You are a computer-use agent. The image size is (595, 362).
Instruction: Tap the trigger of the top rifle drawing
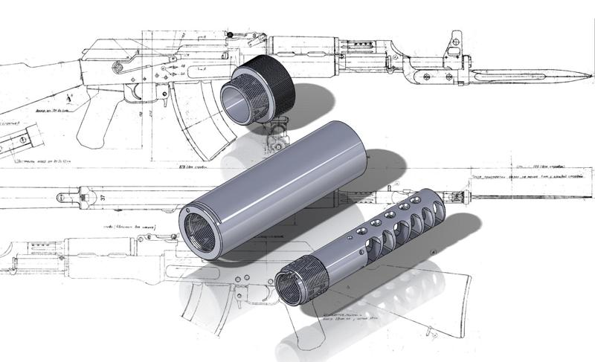[135, 92]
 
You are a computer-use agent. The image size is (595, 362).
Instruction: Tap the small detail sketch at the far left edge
[22, 138]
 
